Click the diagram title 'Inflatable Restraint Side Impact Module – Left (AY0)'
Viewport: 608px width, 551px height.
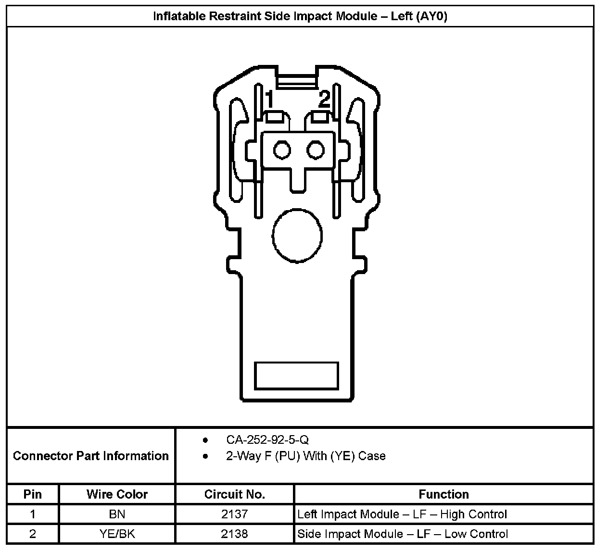click(x=300, y=16)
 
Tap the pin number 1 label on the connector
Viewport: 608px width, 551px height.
click(x=269, y=99)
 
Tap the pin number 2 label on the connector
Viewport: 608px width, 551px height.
click(x=324, y=99)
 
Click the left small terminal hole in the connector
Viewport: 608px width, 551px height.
click(x=282, y=150)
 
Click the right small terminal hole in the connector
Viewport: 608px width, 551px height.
click(x=316, y=150)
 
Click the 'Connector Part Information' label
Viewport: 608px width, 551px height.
click(x=90, y=456)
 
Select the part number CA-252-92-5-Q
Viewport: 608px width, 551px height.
click(x=267, y=440)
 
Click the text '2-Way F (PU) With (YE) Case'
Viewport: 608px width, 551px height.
click(x=306, y=456)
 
